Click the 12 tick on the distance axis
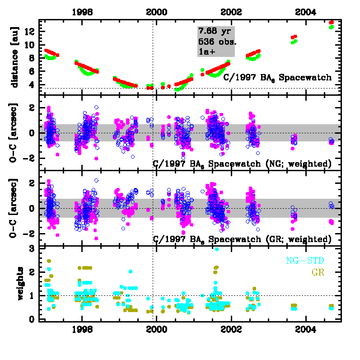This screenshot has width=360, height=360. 30,32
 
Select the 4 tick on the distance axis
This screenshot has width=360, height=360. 33,84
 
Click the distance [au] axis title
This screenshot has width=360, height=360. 15,56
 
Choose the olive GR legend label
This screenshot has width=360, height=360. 319,272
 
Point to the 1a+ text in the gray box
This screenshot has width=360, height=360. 207,52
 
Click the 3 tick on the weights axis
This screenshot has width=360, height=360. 33,249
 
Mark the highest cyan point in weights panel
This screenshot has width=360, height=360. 217,249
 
